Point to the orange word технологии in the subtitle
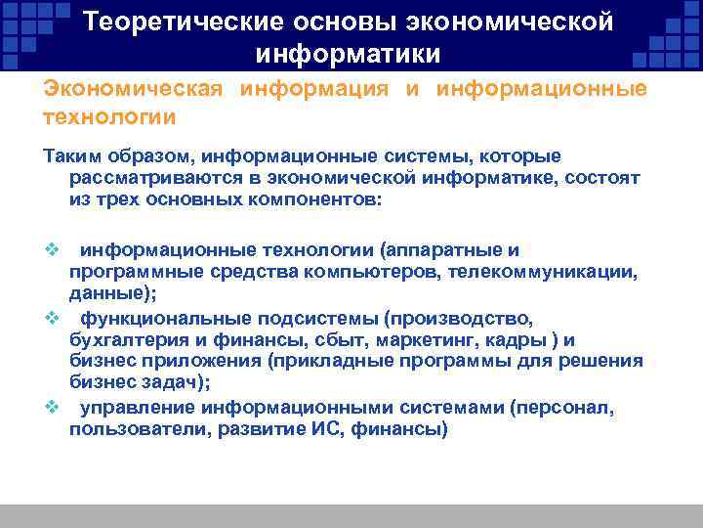(x=109, y=117)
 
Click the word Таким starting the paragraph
(x=72, y=157)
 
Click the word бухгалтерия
(x=122, y=340)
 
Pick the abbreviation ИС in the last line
(x=310, y=428)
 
